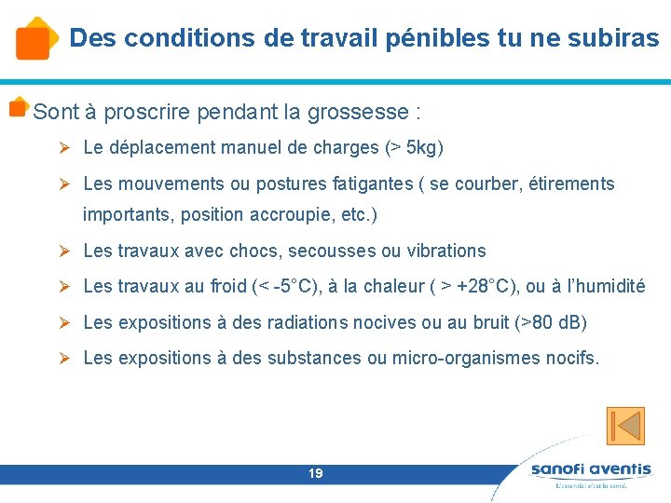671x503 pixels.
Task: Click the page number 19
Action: click(316, 474)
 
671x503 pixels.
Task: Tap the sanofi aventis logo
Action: click(591, 472)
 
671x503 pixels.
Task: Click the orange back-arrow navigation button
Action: click(625, 425)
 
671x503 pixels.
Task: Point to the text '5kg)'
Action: click(426, 147)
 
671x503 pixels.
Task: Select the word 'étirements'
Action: click(569, 184)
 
